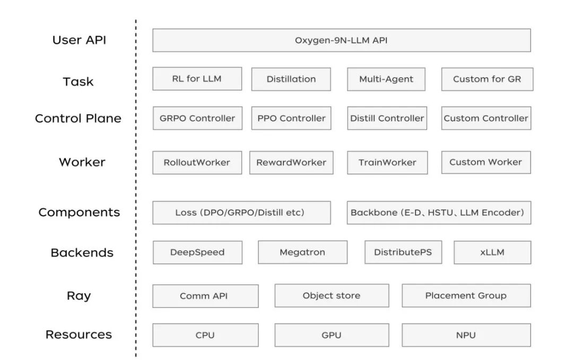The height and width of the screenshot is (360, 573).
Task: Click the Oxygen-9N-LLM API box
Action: click(x=341, y=40)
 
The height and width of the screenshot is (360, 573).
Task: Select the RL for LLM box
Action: click(x=197, y=79)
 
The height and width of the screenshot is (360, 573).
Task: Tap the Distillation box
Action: click(x=291, y=79)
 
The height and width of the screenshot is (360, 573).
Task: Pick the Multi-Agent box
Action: click(x=386, y=79)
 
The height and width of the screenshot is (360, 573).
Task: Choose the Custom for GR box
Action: click(x=487, y=79)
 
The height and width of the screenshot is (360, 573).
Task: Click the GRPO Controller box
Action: click(x=197, y=118)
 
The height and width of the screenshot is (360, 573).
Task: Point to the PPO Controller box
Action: click(x=291, y=118)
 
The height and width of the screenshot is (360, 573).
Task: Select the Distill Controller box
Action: click(x=387, y=118)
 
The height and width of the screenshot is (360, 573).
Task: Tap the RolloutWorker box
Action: click(x=197, y=162)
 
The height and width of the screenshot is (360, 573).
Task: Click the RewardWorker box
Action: click(x=291, y=162)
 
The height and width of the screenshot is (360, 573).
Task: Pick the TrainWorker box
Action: click(x=387, y=162)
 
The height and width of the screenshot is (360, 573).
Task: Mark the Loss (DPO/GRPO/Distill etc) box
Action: click(x=241, y=212)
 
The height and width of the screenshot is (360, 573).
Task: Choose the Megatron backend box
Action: click(x=302, y=252)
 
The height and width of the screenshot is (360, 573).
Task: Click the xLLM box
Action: click(x=492, y=252)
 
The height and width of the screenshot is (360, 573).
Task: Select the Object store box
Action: click(x=332, y=296)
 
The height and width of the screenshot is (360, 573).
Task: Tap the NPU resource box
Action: click(x=466, y=335)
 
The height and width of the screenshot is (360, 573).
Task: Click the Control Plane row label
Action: click(x=78, y=118)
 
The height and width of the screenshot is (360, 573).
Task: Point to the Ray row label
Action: click(x=79, y=296)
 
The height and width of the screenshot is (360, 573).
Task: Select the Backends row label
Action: click(x=82, y=252)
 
